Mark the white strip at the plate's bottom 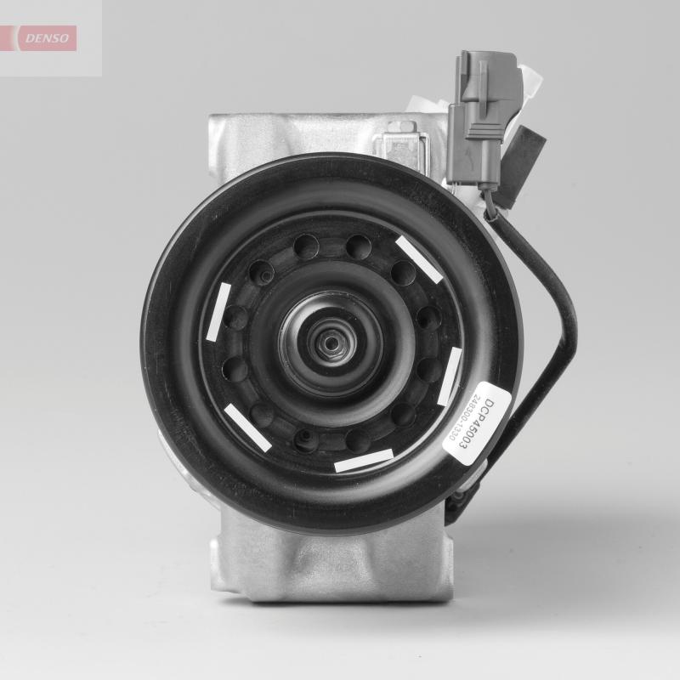tap(364, 459)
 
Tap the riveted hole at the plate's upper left tap(261, 274)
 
